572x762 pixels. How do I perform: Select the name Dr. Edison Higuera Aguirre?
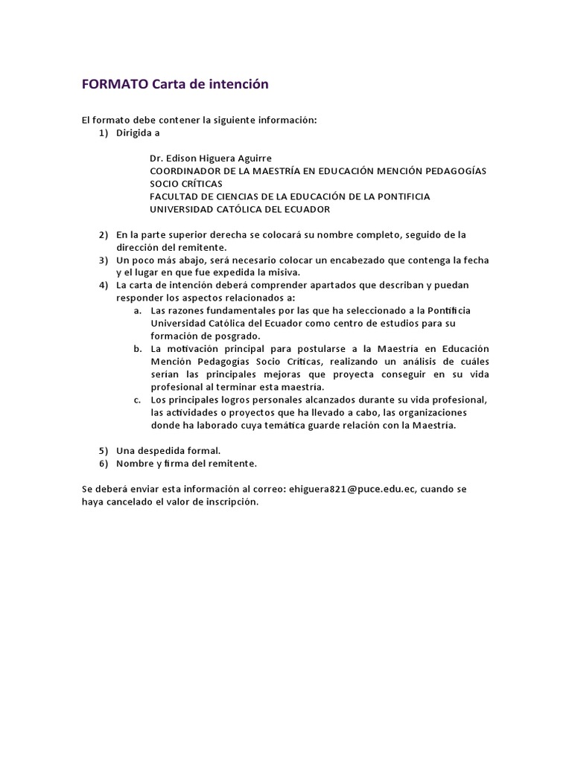[211, 158]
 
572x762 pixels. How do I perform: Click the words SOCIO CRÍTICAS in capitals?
[185, 184]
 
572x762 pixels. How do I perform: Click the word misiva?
[283, 272]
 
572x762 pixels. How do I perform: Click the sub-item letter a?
[138, 310]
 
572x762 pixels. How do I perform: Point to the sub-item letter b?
[138, 348]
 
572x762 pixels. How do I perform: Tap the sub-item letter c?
[138, 400]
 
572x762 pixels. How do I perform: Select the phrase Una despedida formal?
[168, 451]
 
